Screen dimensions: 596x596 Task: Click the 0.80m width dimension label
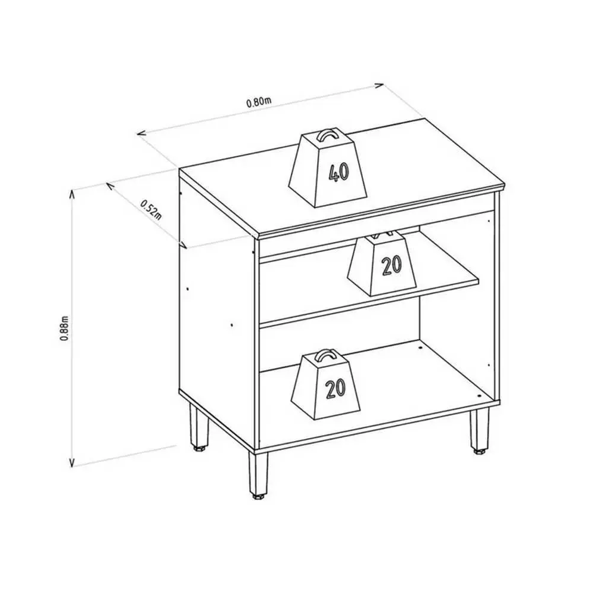point(259,102)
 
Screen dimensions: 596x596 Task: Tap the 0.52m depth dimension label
point(151,209)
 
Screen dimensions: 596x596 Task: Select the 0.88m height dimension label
point(64,328)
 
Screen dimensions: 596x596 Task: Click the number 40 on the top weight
point(338,173)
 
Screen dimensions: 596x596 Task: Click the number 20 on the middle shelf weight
point(392,266)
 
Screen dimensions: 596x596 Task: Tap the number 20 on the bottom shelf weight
point(336,389)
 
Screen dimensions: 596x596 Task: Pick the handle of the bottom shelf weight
point(325,355)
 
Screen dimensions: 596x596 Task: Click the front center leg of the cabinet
point(257,471)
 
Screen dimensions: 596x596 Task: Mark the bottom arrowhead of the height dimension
point(72,461)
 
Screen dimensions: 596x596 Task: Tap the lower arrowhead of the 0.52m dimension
point(183,244)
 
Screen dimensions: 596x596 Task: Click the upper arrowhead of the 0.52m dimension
point(110,186)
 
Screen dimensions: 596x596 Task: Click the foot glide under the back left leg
point(199,449)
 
